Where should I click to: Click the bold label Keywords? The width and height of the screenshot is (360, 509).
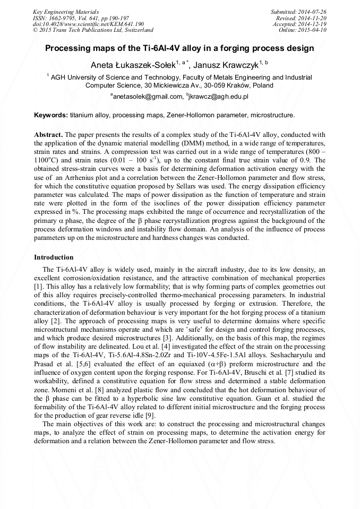pyautogui.click(x=51, y=115)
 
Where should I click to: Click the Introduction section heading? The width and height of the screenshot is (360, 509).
pyautogui.click(x=54, y=257)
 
